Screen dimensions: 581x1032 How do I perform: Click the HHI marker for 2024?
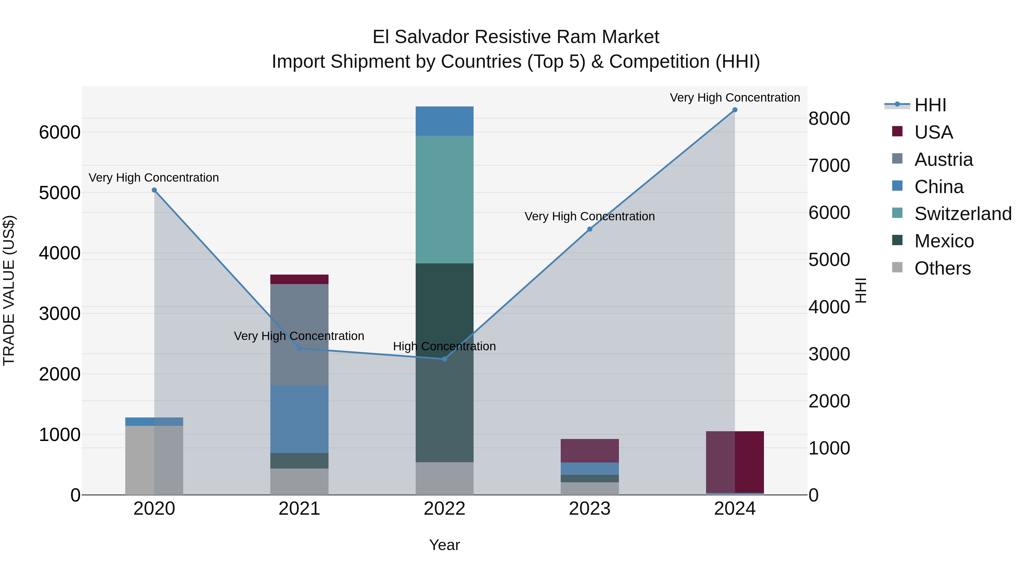pos(734,110)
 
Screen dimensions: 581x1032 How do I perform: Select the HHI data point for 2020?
pos(154,190)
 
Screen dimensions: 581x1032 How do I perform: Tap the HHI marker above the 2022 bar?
pos(444,359)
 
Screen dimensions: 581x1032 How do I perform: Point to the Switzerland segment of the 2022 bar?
pos(444,199)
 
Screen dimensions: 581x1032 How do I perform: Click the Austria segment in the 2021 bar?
pos(299,335)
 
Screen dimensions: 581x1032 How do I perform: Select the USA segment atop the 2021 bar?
pos(299,279)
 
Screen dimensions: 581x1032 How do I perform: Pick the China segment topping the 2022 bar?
pos(444,121)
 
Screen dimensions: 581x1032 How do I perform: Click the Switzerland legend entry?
pos(962,214)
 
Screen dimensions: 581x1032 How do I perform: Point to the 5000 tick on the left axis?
pos(59,193)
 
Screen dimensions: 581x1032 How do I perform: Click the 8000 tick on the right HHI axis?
pos(829,119)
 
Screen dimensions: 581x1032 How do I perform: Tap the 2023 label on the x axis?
pos(589,509)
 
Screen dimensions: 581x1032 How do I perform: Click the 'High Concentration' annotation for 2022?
pos(444,346)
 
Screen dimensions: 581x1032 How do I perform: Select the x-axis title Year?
pos(444,545)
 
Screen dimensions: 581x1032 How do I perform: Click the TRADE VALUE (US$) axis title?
pos(9,290)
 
